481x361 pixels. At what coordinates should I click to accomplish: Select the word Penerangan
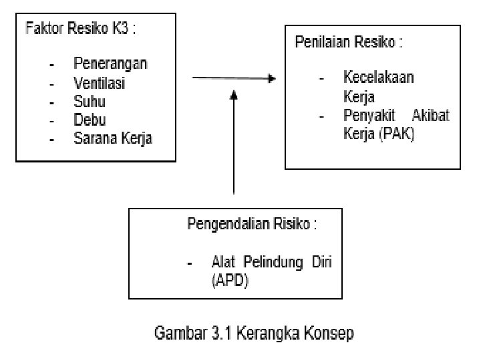[110, 64]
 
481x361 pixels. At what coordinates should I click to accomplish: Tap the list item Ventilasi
[100, 84]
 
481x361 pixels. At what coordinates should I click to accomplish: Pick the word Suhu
[89, 102]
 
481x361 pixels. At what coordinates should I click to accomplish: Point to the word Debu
[90, 121]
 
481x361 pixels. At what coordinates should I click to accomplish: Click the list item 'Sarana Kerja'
[113, 140]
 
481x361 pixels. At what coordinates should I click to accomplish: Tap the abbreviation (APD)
[230, 281]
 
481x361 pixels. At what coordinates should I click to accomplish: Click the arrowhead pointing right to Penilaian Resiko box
[272, 78]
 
